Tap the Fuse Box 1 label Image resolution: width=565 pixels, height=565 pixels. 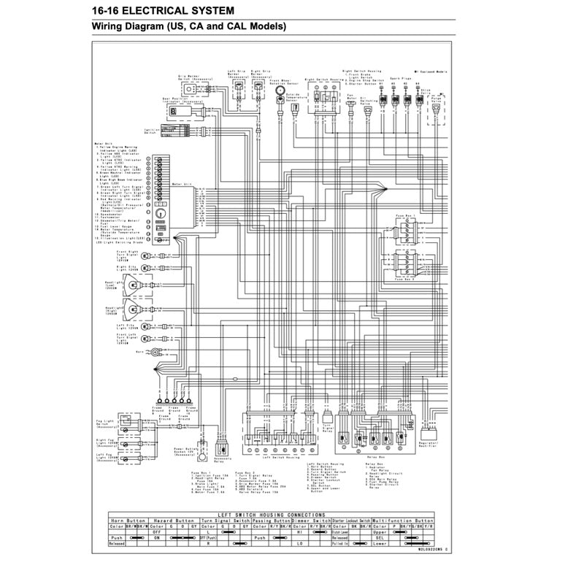pyautogui.click(x=407, y=217)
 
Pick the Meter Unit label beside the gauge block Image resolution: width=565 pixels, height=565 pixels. pyautogui.click(x=180, y=185)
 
